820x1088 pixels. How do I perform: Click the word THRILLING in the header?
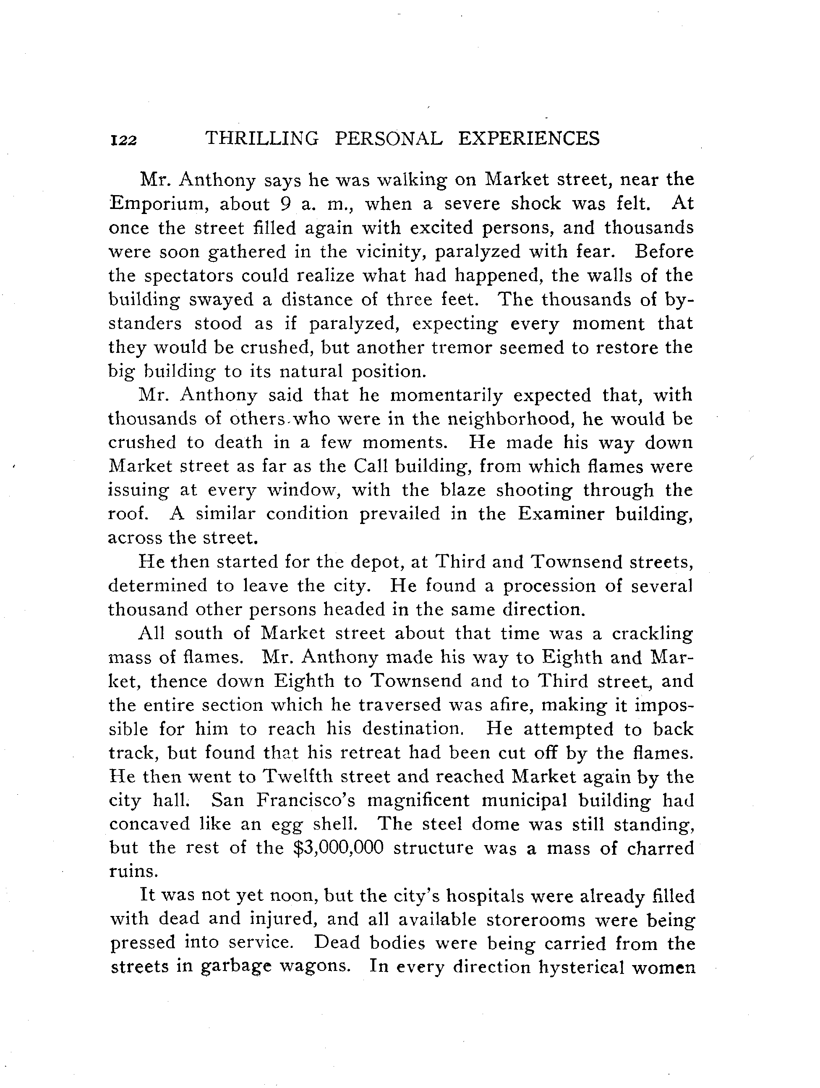click(x=262, y=139)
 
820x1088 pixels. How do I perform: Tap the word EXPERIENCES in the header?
click(x=529, y=139)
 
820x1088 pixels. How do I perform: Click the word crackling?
click(x=652, y=634)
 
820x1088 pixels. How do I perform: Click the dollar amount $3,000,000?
click(x=337, y=848)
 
